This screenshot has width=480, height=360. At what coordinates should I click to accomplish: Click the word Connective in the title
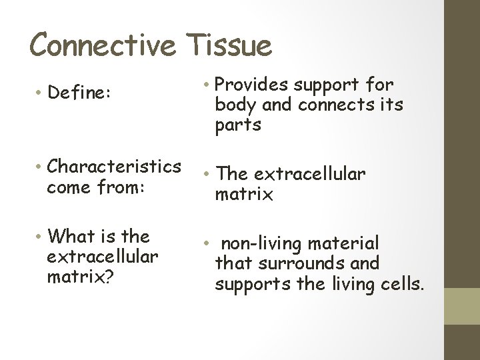[x=103, y=45]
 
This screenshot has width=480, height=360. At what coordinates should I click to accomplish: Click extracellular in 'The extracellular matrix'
[x=309, y=175]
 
